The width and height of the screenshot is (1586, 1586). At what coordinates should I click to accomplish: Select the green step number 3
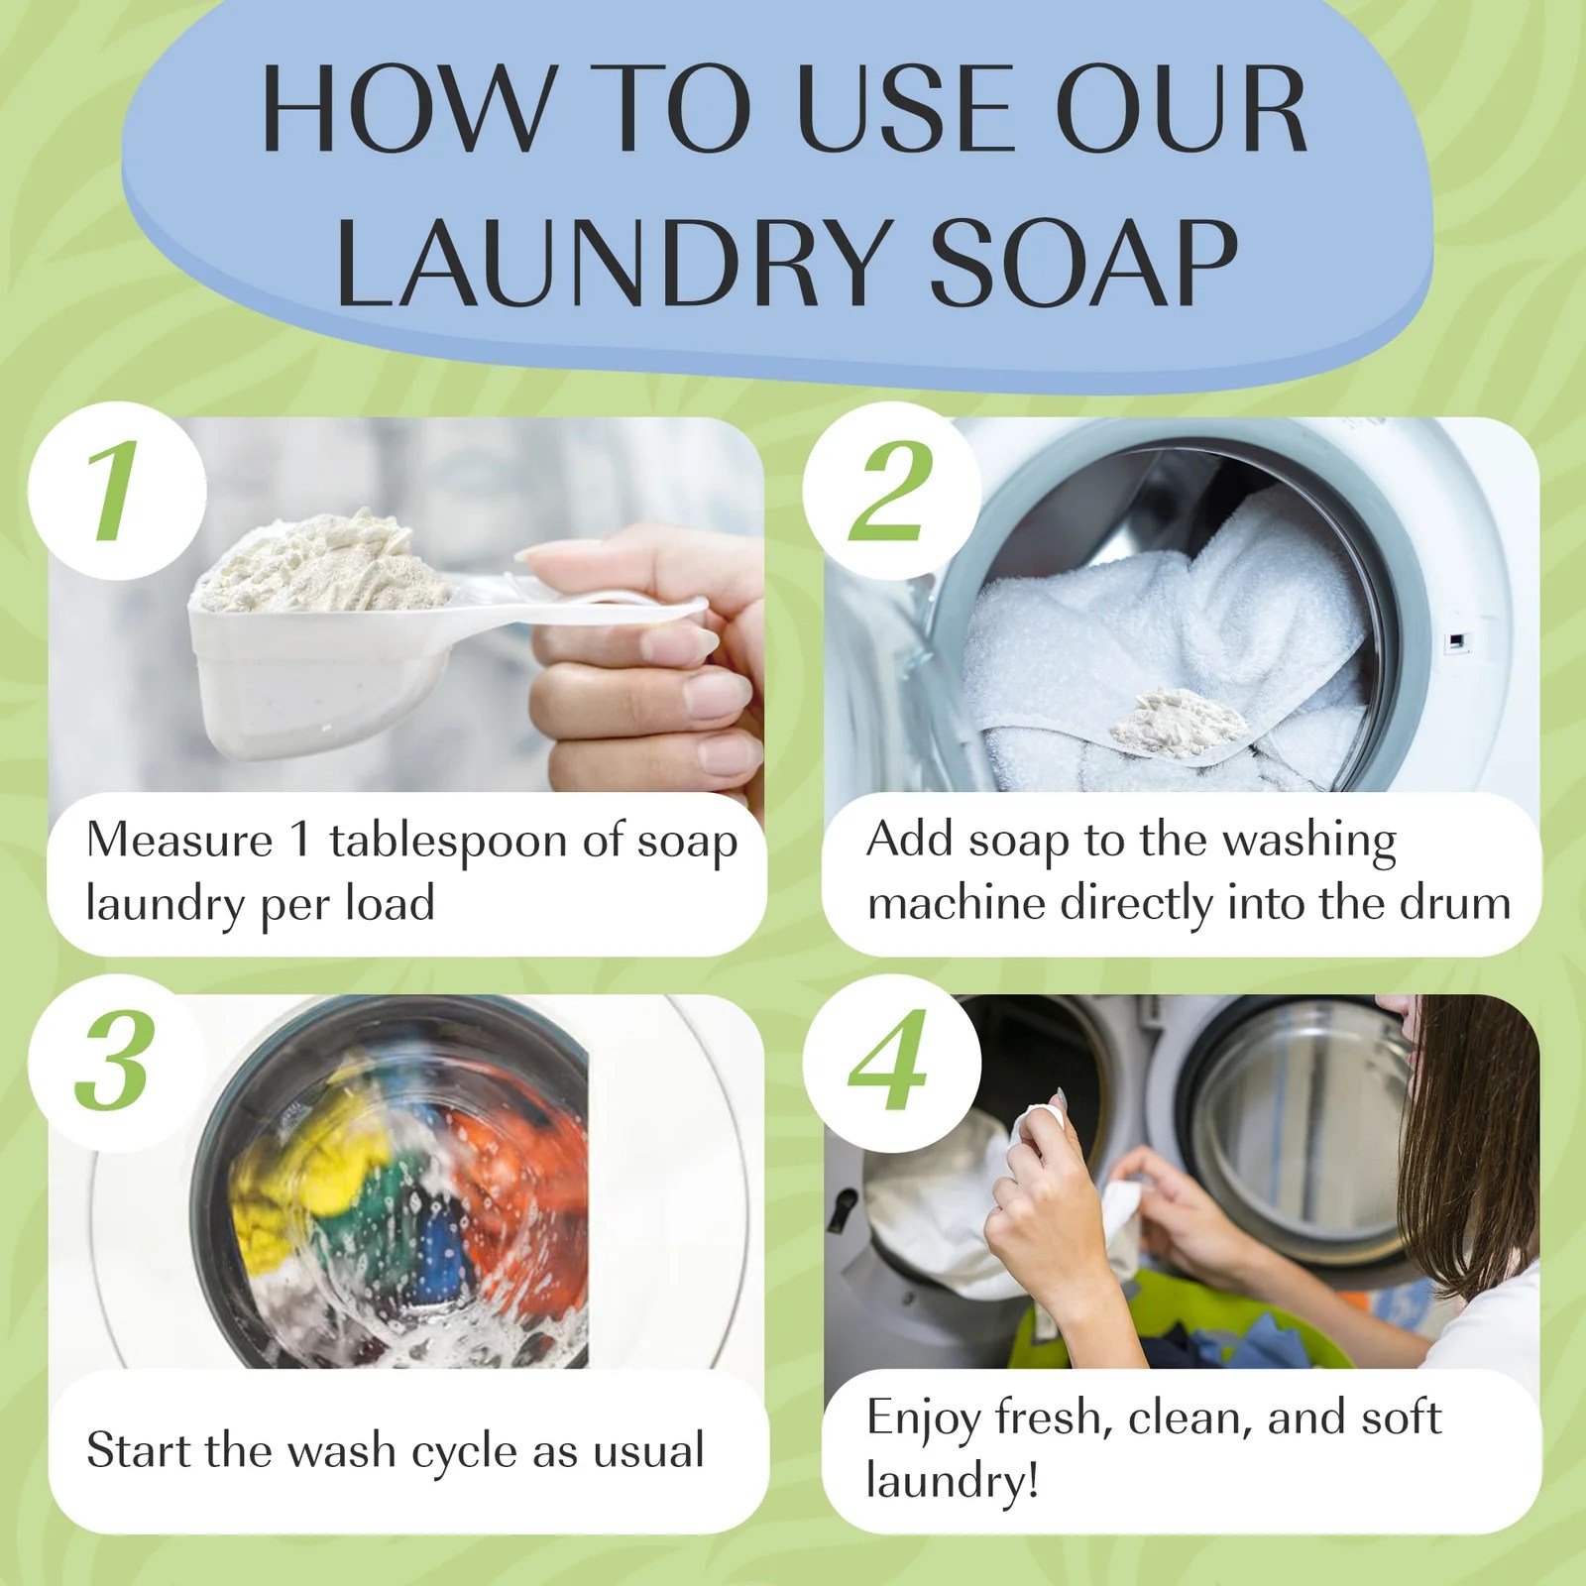115,1062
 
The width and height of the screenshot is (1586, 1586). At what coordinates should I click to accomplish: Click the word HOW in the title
407,109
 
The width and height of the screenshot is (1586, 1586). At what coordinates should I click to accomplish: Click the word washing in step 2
1309,843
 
